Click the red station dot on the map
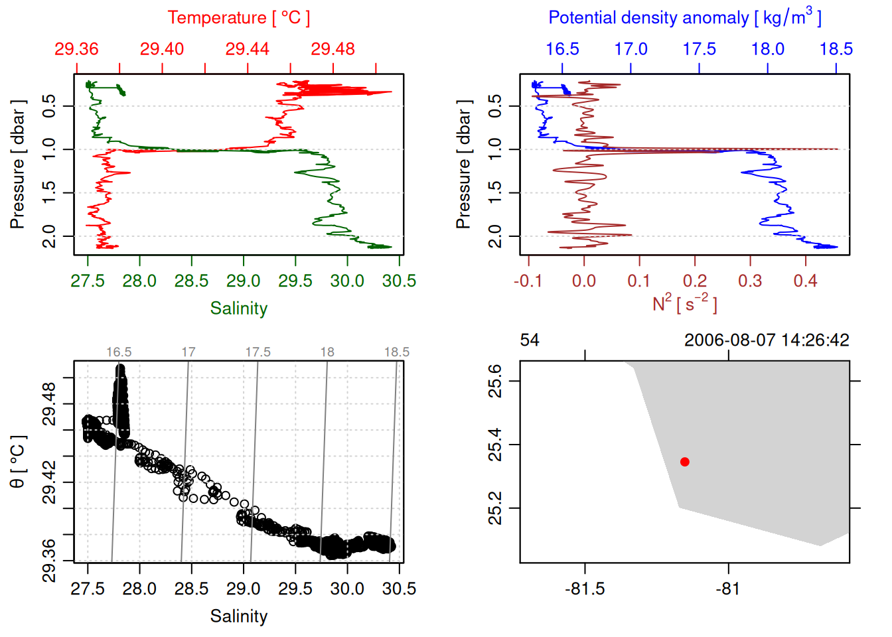click(684, 462)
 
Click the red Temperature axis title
click(238, 18)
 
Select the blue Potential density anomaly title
click(684, 18)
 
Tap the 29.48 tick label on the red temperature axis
click(333, 49)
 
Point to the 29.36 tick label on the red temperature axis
click(76, 49)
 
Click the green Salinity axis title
click(238, 309)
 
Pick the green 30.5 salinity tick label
click(399, 281)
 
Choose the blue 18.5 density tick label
click(836, 49)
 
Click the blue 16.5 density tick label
click(562, 49)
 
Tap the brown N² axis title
click(684, 303)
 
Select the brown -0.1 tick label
click(528, 281)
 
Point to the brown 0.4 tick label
click(805, 281)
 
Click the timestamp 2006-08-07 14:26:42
click(767, 340)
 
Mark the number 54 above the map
click(530, 340)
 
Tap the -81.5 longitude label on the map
click(585, 589)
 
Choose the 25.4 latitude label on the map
click(495, 445)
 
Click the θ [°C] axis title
click(18, 462)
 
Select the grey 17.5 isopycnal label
click(258, 352)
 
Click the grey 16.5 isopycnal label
click(119, 352)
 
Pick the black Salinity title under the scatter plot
click(238, 616)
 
